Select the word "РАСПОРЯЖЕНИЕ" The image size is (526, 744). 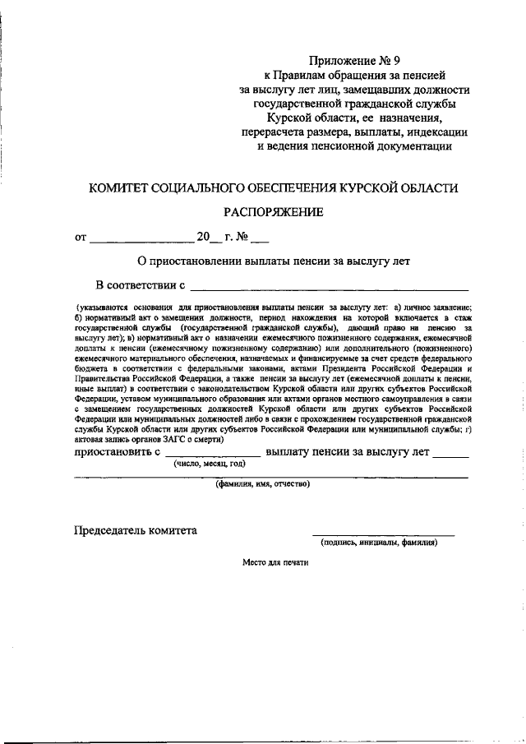click(274, 212)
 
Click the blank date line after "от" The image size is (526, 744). click(141, 241)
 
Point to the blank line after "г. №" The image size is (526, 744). click(259, 241)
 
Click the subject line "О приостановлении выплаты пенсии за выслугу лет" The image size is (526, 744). click(273, 261)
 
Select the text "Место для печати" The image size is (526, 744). click(275, 564)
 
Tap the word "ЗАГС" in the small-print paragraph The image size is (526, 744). click(187, 439)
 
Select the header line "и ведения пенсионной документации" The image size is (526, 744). click(354, 147)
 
